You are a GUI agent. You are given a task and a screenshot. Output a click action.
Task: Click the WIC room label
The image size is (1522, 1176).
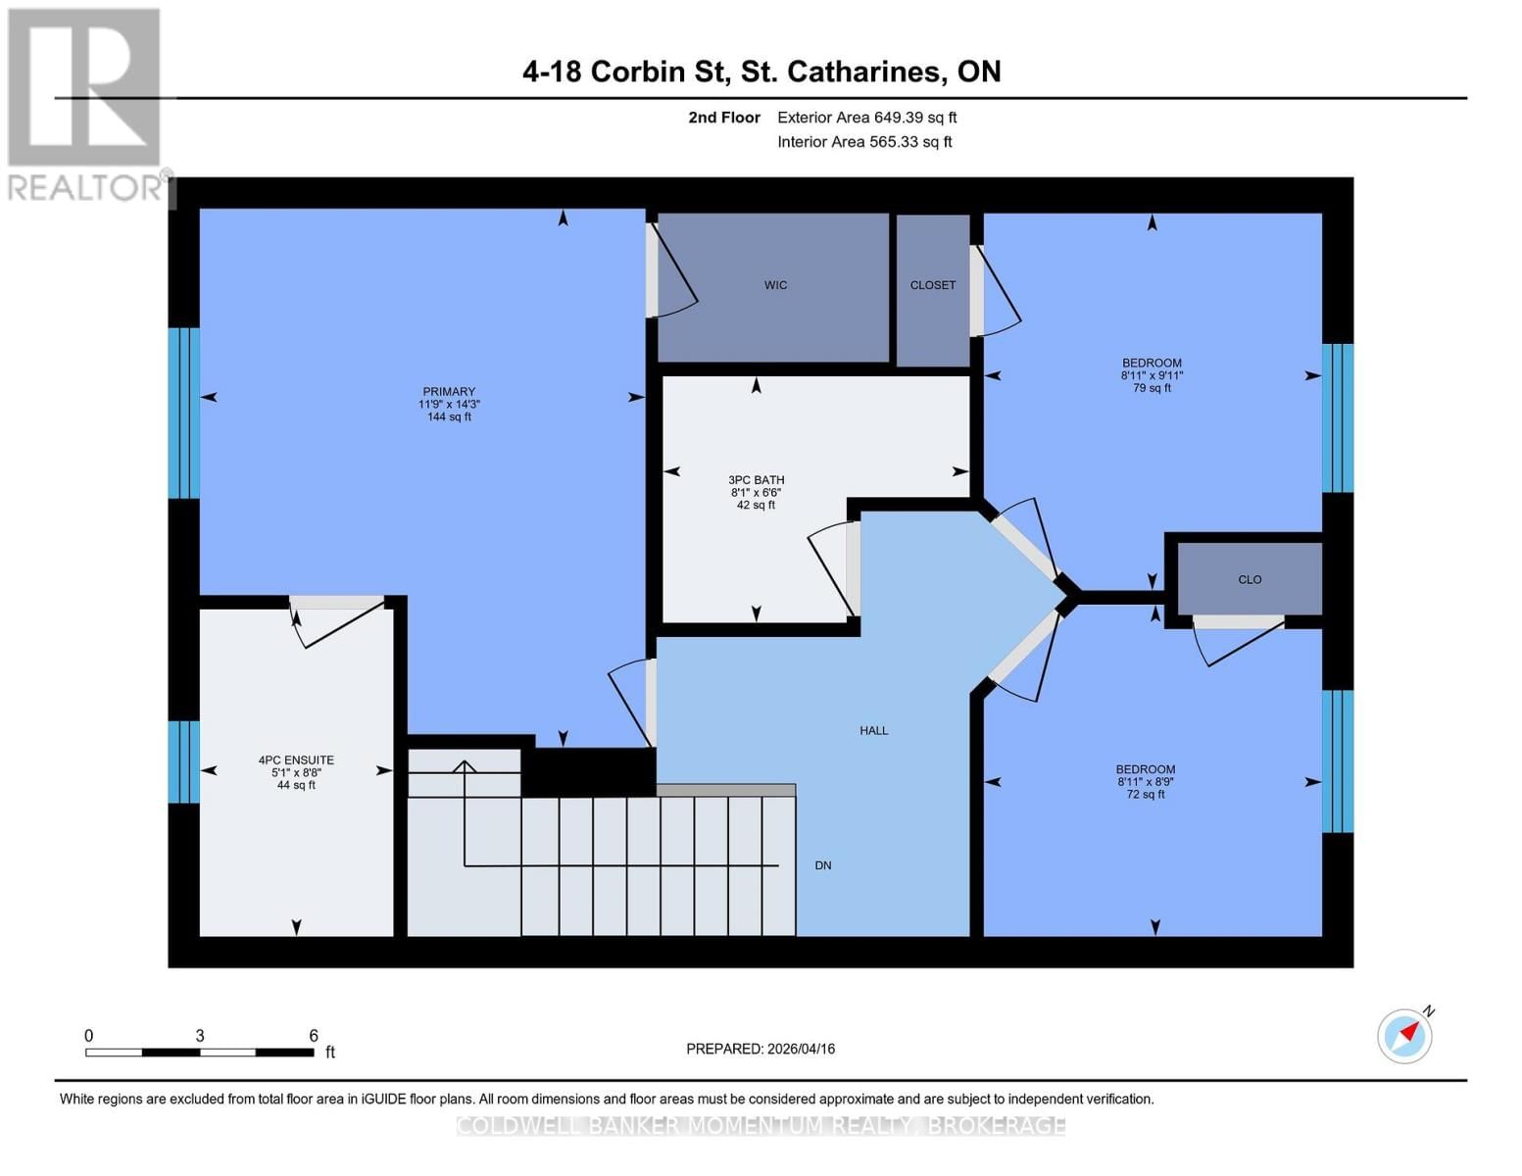775,285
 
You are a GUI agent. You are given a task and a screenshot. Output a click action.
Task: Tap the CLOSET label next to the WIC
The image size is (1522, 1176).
932,285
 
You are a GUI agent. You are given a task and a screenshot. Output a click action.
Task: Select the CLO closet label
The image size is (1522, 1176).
1250,579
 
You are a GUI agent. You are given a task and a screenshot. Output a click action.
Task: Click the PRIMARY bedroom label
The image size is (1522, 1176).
449,392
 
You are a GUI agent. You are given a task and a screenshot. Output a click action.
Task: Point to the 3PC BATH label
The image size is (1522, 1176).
756,480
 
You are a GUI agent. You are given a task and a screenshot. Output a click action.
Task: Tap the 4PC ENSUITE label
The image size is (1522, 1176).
296,760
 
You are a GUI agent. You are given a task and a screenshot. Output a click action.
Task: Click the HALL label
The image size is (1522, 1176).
873,730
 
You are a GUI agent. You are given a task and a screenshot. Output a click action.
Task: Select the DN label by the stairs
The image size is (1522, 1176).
823,865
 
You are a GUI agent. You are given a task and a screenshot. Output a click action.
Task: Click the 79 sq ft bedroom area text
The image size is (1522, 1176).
1152,388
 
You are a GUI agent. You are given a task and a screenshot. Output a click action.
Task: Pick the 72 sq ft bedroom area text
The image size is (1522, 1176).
1146,795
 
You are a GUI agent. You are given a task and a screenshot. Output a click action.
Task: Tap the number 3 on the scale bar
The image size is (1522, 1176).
200,1036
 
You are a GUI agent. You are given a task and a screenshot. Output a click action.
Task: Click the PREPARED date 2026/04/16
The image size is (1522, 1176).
761,1049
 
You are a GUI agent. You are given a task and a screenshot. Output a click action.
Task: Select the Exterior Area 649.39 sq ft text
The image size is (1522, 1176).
866,118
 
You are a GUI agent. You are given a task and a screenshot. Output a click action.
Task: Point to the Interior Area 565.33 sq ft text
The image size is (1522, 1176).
864,142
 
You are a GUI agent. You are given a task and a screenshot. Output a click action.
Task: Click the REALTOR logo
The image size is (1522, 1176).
85,103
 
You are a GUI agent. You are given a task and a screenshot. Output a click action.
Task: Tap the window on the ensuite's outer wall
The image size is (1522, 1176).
183,761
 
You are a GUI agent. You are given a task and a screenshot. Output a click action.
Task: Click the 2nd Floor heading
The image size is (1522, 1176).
723,118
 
